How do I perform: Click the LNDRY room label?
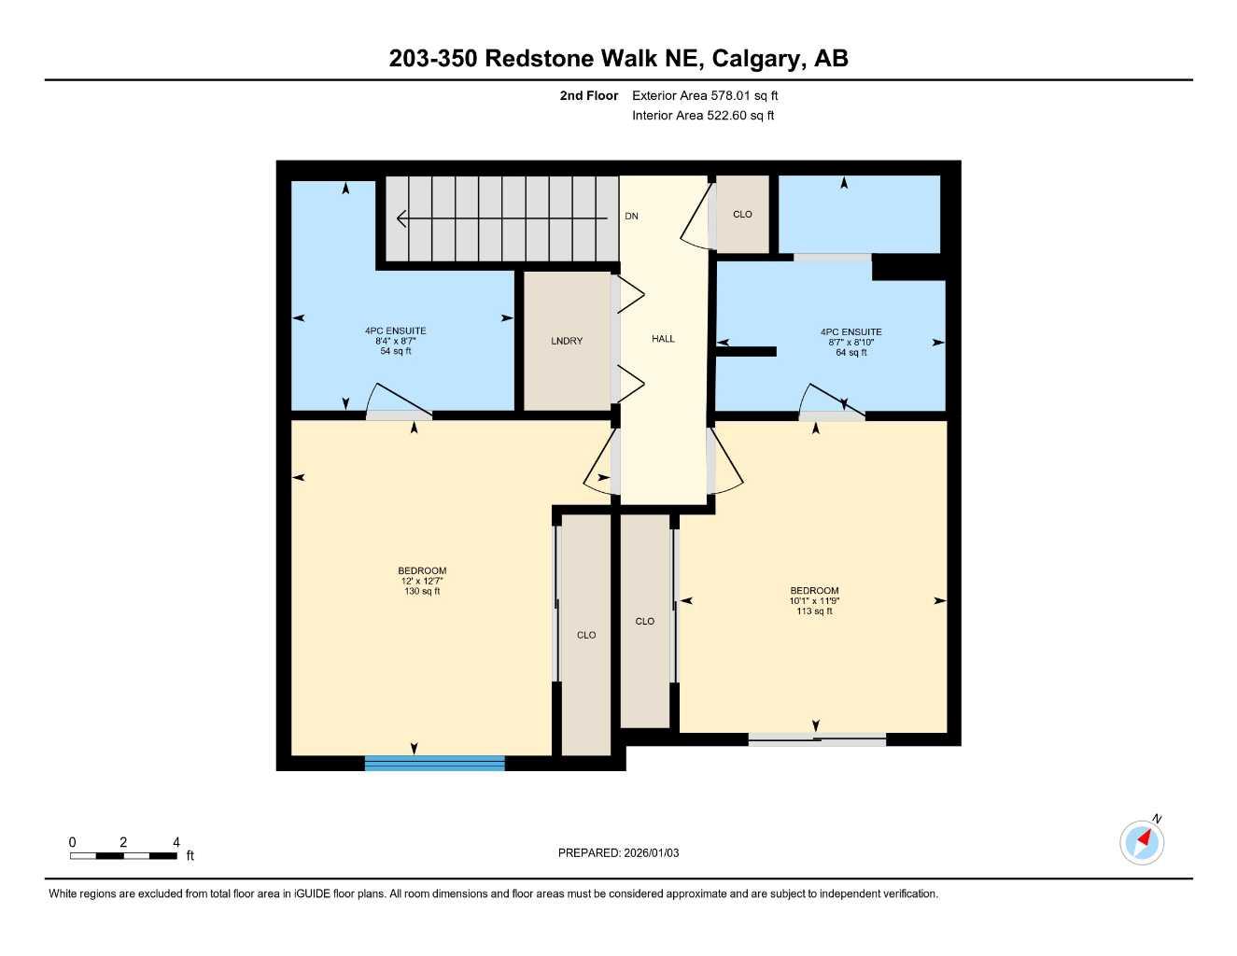(567, 341)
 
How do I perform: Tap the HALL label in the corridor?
(663, 339)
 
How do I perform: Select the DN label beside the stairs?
(632, 217)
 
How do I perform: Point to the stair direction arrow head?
(401, 219)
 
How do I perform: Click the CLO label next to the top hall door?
(742, 215)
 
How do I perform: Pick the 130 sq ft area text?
(422, 591)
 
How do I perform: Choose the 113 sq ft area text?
(814, 612)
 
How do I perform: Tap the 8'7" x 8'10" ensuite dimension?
(850, 343)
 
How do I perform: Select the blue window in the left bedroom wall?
(434, 763)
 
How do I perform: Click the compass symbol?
(1141, 842)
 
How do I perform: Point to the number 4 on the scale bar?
(176, 842)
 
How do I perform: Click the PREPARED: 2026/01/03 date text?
(618, 852)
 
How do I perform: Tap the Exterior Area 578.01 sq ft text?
(705, 95)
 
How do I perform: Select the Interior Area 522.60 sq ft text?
(703, 116)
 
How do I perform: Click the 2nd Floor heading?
(588, 95)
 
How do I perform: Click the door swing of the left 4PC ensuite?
(397, 401)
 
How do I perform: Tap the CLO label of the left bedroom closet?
(586, 635)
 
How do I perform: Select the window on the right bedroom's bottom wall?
(817, 740)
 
